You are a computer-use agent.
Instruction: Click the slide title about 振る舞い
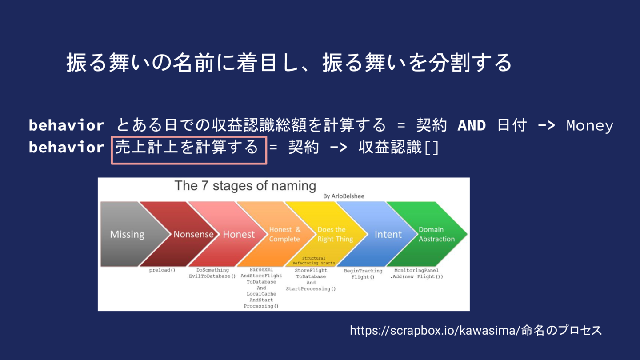[x=288, y=63]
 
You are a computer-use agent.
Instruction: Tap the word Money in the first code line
[x=590, y=126]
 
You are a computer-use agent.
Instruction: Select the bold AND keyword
[x=472, y=125]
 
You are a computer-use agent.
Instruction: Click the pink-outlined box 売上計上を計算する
[x=189, y=150]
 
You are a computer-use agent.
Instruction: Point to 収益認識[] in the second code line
[x=399, y=147]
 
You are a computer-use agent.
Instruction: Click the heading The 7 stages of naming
[x=245, y=186]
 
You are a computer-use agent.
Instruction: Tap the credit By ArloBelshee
[x=344, y=196]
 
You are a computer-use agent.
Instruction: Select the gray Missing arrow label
[x=127, y=234]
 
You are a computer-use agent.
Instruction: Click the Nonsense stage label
[x=193, y=234]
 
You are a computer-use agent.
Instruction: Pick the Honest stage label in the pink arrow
[x=239, y=234]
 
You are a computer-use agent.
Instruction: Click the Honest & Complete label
[x=285, y=234]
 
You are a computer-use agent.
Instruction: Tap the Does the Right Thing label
[x=335, y=234]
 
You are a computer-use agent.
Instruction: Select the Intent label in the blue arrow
[x=388, y=234]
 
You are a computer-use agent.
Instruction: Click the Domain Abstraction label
[x=436, y=234]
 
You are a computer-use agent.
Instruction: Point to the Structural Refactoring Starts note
[x=313, y=260]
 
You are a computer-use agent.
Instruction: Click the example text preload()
[x=162, y=270]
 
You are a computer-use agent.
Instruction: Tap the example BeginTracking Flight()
[x=363, y=274]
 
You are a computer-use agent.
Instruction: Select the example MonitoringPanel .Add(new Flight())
[x=416, y=273]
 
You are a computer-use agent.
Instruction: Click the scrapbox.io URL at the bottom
[x=476, y=331]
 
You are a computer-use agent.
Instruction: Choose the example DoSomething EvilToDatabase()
[x=212, y=273]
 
